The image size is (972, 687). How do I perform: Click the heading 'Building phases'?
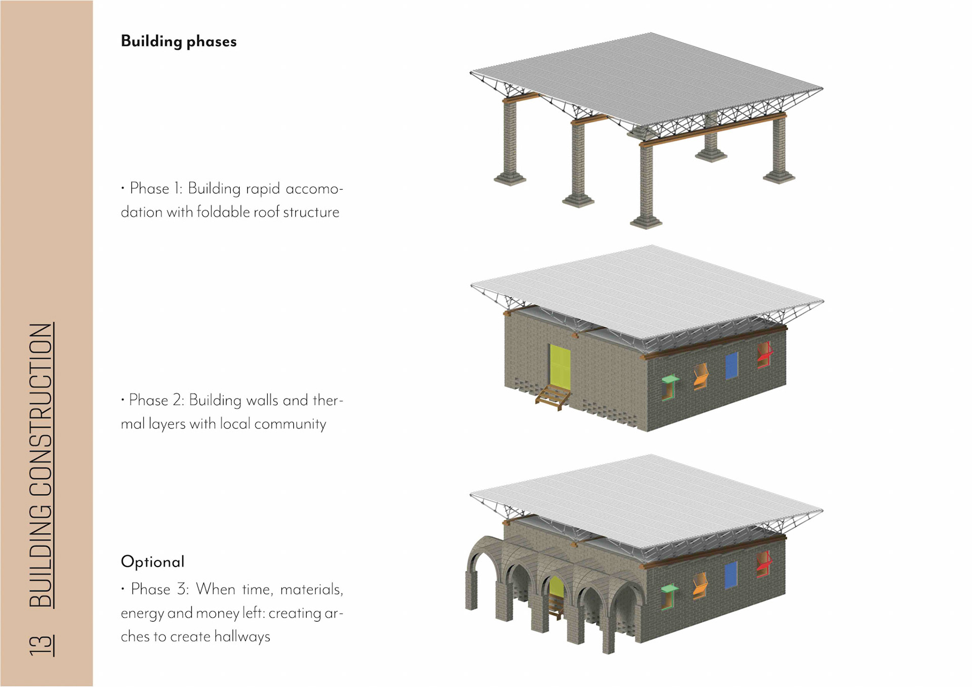click(x=178, y=41)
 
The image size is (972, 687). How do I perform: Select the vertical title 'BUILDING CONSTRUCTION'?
click(x=41, y=465)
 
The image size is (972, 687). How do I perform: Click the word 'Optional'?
click(x=152, y=562)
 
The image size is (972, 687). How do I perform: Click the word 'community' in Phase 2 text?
click(x=290, y=423)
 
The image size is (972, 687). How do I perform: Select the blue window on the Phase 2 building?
click(x=731, y=366)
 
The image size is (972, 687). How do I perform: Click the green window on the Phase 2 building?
click(x=669, y=387)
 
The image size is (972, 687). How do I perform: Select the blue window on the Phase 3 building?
click(x=730, y=576)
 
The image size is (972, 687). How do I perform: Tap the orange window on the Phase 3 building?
click(x=700, y=586)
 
